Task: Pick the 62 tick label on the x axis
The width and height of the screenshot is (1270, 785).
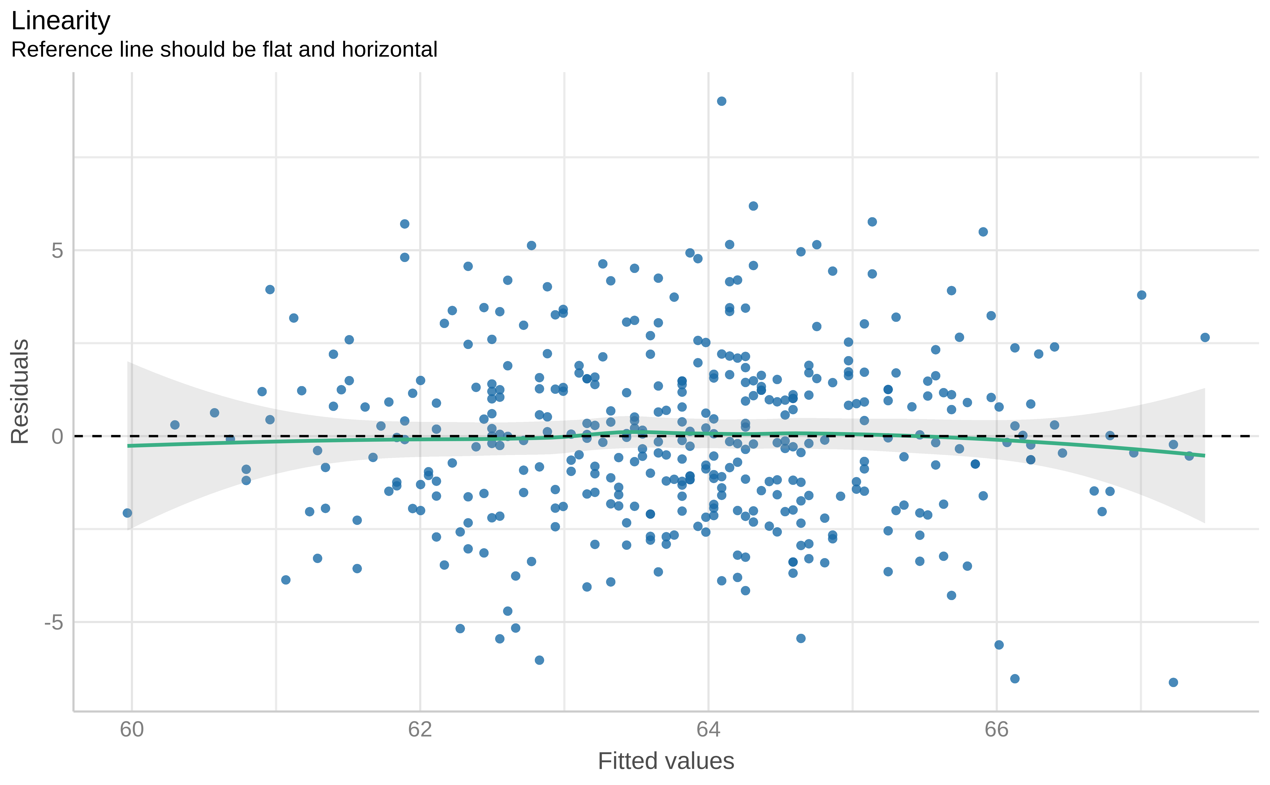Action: click(420, 729)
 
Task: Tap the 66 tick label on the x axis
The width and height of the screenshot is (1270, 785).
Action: click(996, 729)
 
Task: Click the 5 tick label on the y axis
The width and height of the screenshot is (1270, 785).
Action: click(57, 251)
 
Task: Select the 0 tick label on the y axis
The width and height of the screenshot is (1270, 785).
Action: click(57, 437)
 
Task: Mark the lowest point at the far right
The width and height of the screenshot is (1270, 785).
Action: click(1173, 682)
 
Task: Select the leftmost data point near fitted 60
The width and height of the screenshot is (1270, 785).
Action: click(127, 513)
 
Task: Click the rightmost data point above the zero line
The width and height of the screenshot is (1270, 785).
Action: click(1205, 338)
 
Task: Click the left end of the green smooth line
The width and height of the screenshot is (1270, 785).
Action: click(128, 446)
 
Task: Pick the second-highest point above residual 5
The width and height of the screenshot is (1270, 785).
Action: click(753, 206)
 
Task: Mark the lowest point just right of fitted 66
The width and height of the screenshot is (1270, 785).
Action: click(1015, 679)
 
